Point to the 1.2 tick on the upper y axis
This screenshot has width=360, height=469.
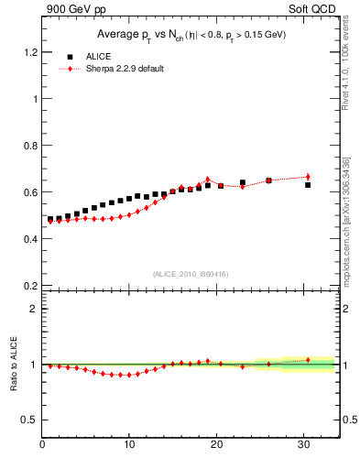(x=30, y=51)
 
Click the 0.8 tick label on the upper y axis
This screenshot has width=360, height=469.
(x=30, y=145)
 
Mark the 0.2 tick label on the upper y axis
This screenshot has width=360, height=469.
(x=30, y=285)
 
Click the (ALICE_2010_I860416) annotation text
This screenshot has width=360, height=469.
(x=191, y=274)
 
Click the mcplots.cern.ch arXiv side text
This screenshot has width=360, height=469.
(x=351, y=220)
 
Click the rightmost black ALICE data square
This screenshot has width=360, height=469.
(x=308, y=185)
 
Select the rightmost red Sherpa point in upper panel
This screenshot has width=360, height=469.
(x=308, y=176)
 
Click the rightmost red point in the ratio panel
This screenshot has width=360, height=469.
(x=308, y=360)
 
